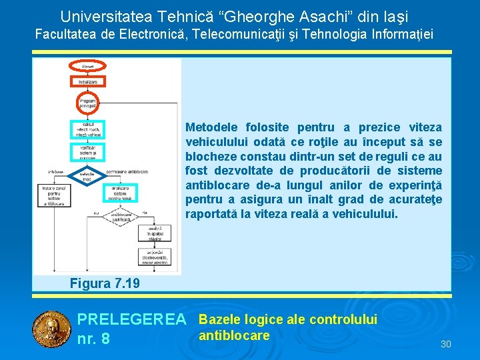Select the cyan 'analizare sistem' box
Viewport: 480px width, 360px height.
(x=120, y=193)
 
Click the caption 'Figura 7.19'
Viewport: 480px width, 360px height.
(x=105, y=283)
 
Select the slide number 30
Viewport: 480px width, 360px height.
(x=446, y=344)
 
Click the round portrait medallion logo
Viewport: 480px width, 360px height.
(x=51, y=329)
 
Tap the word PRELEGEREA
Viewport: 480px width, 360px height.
(x=132, y=320)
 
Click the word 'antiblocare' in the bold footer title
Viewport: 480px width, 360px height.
(x=234, y=335)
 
